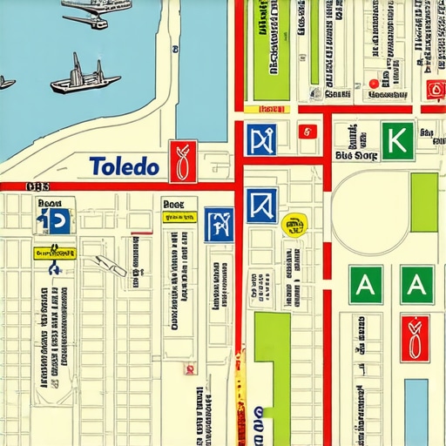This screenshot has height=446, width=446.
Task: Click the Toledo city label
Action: point(124,166)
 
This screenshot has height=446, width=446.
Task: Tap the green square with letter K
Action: point(397,140)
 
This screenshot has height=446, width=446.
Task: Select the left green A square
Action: point(365,285)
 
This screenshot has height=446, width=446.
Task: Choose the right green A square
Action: point(416,285)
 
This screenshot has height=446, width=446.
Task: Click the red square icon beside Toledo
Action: point(183,161)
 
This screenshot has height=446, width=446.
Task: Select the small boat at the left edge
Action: point(6,83)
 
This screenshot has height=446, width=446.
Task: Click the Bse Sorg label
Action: point(355,157)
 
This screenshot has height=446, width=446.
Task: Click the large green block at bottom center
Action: point(272,357)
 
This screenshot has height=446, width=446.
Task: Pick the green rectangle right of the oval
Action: point(424,202)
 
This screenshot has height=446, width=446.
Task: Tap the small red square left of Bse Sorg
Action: point(305,132)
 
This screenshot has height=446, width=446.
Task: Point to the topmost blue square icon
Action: point(260,139)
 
